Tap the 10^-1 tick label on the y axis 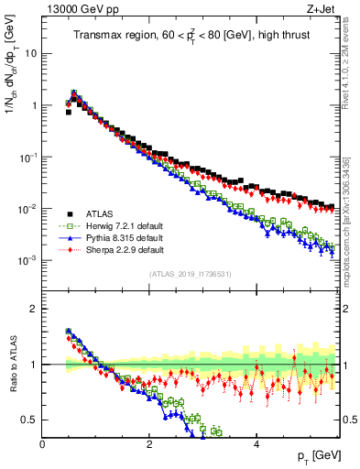coord(27,157)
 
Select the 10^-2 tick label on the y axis coord(27,209)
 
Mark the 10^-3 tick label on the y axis coord(27,261)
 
